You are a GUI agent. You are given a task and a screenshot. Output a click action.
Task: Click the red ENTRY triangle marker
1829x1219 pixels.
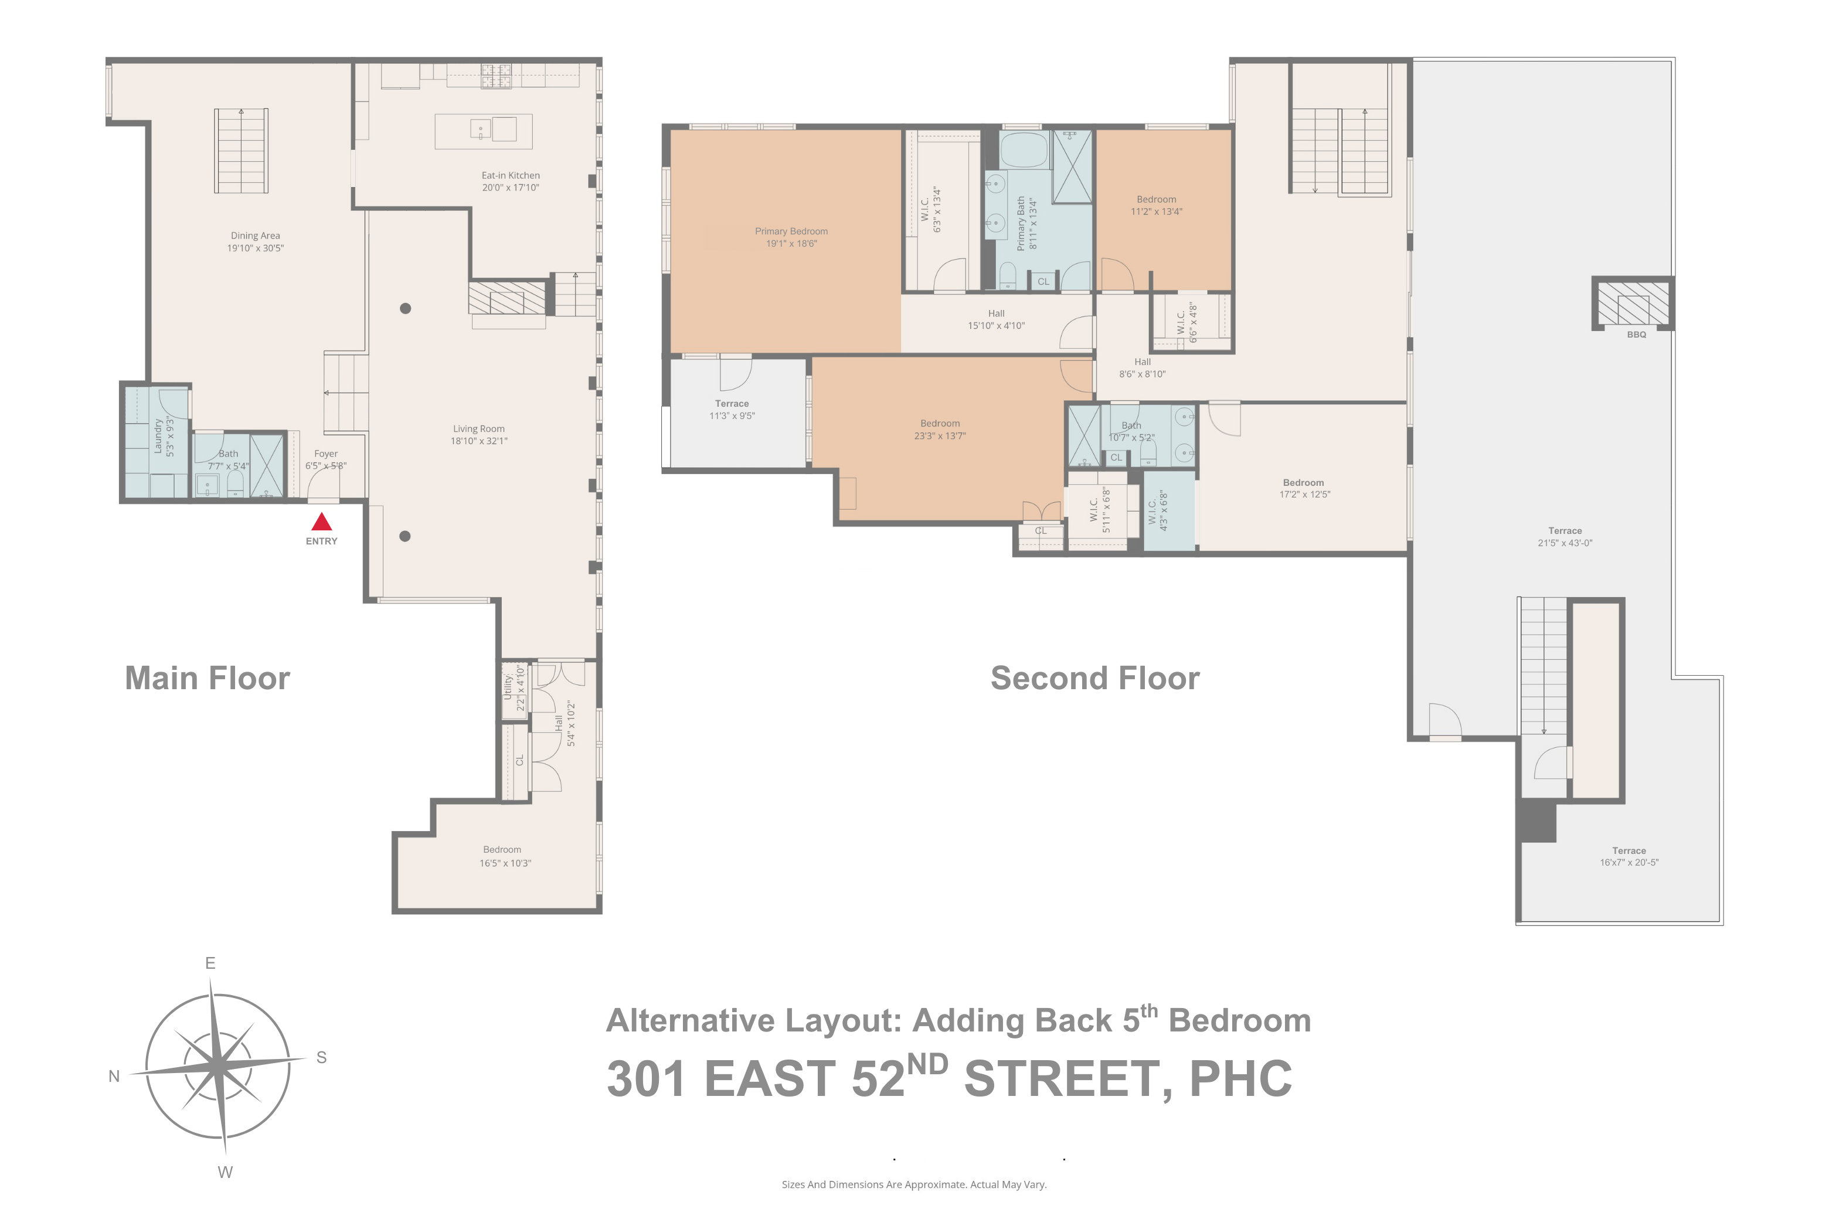point(321,522)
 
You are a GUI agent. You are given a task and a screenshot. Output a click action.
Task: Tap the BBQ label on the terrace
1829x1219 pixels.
point(1636,334)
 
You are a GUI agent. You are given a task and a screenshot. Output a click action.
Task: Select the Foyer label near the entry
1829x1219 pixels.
point(326,454)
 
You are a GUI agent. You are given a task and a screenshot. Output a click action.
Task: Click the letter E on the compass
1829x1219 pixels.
point(210,963)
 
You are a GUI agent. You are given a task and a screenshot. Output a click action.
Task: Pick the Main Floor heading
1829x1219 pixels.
point(208,678)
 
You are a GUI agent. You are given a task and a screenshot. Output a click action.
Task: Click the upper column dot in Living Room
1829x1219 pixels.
point(405,309)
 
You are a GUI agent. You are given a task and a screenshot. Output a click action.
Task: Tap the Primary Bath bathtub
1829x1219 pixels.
point(1024,150)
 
